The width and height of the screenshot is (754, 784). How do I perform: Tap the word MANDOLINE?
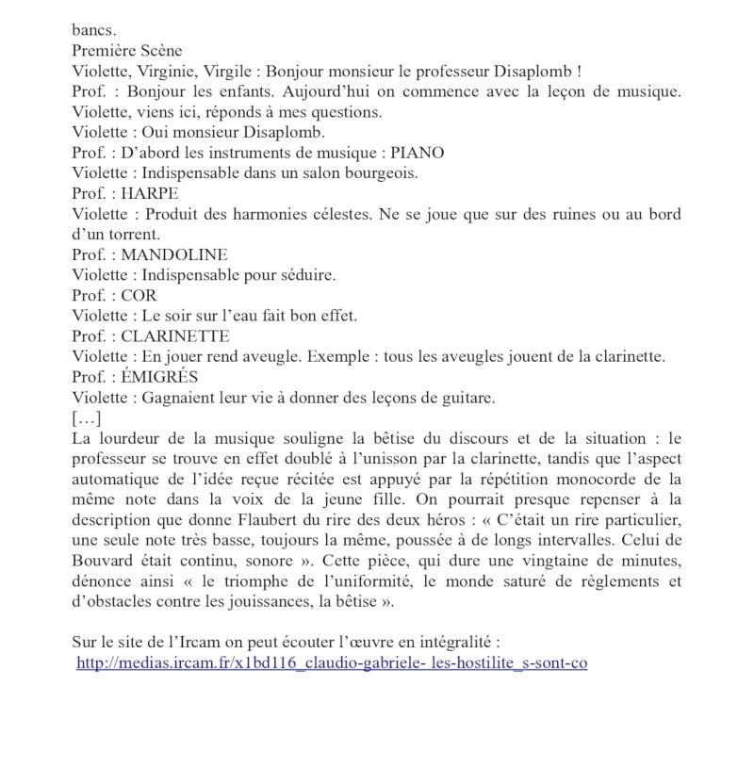[174, 254]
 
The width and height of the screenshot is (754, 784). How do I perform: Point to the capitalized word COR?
[139, 295]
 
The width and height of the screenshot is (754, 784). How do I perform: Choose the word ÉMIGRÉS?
[160, 377]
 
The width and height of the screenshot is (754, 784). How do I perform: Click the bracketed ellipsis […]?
[87, 417]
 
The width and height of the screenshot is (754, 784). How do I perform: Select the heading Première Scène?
[127, 51]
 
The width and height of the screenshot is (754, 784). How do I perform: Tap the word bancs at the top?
[94, 31]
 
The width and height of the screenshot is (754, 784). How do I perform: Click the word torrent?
[133, 234]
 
